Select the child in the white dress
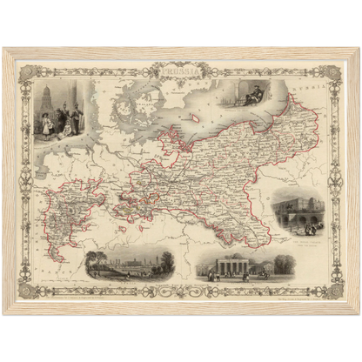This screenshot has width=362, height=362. (x=45, y=124)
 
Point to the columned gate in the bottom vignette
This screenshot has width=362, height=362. (x=229, y=265)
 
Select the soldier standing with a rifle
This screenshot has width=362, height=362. (x=73, y=117)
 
